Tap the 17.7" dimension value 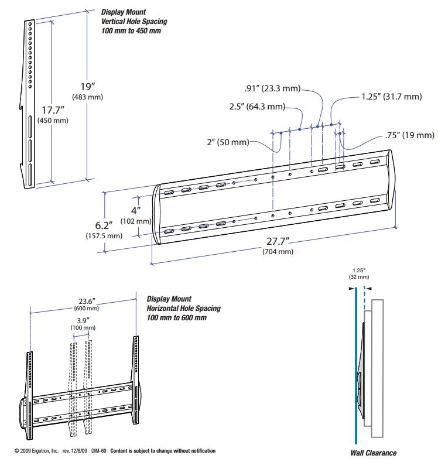[53, 109]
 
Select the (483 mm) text [87, 97]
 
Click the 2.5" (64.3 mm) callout [257, 107]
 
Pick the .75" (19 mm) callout [410, 135]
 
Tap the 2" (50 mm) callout [225, 142]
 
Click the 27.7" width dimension [277, 242]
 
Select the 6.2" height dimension [106, 225]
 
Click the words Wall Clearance [373, 453]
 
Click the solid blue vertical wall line [355, 369]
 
